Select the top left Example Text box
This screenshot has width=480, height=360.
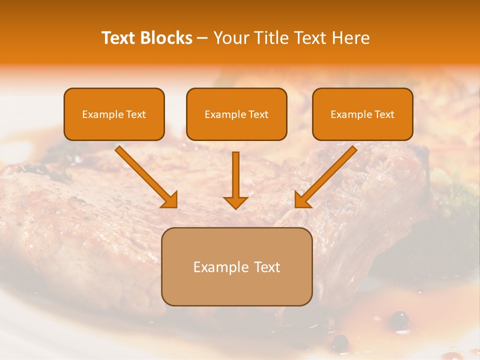pyautogui.click(x=114, y=114)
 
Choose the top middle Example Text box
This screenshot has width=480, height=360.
pyautogui.click(x=236, y=114)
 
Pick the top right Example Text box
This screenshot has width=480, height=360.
pyautogui.click(x=362, y=114)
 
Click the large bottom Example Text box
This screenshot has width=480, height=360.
pyautogui.click(x=236, y=266)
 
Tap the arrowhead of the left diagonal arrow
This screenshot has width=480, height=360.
pyautogui.click(x=170, y=200)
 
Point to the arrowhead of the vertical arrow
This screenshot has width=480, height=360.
pyautogui.click(x=235, y=202)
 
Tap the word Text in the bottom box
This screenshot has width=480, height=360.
pyautogui.click(x=266, y=267)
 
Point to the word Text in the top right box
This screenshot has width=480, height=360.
pyautogui.click(x=384, y=114)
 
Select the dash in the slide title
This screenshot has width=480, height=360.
pyautogui.click(x=202, y=38)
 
